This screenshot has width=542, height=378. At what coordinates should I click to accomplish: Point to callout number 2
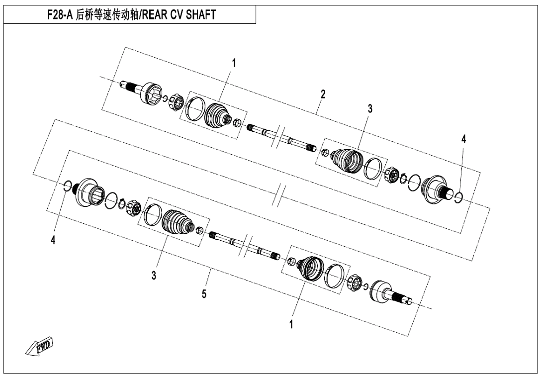point(323,94)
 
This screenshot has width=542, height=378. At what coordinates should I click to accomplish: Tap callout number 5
point(205,294)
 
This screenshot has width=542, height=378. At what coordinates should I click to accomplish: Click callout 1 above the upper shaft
point(234,63)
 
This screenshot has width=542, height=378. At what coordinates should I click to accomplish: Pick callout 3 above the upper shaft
point(369,108)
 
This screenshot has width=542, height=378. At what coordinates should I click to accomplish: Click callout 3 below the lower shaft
point(154,275)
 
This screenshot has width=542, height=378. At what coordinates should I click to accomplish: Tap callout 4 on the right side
point(464,140)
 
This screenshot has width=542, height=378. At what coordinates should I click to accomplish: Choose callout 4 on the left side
point(53,240)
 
